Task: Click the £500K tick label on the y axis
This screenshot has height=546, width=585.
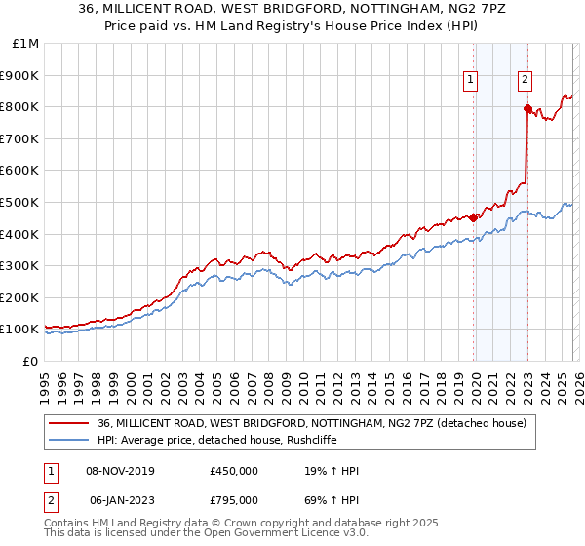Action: click(19, 202)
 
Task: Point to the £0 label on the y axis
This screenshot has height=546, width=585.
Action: click(29, 361)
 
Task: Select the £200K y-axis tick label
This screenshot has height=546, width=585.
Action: click(19, 297)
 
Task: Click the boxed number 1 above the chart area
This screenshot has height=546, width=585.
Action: click(471, 81)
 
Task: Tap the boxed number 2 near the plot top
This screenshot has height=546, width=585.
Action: click(525, 81)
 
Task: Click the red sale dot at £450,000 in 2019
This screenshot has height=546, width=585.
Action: click(474, 217)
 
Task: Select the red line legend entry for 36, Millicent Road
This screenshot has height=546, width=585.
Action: click(312, 423)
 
